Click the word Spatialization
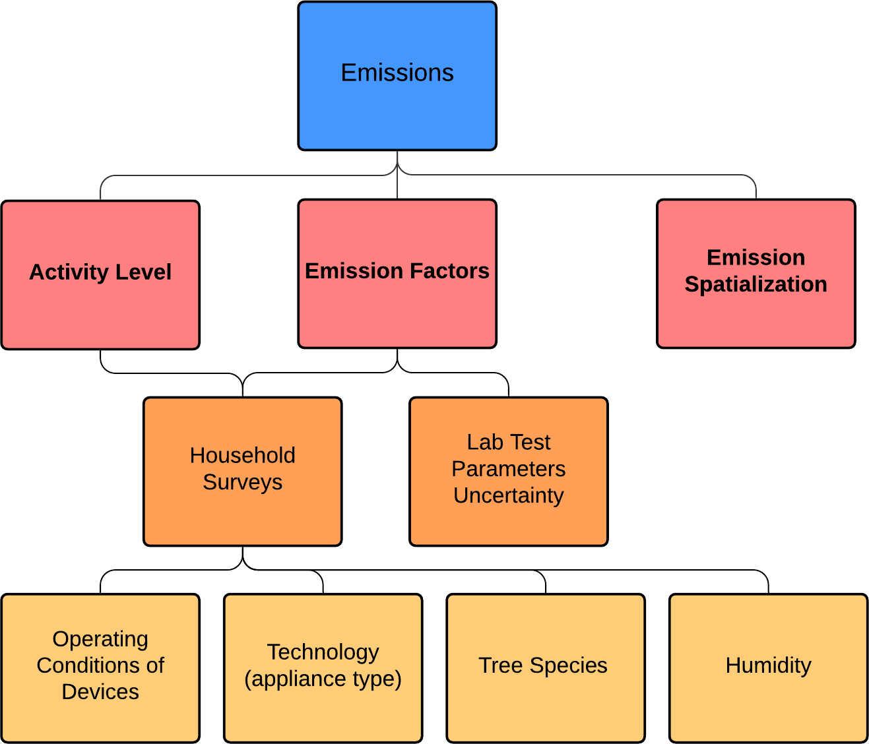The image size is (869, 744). coord(756,284)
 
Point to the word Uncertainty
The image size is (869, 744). coord(508,495)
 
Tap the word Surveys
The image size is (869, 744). coord(242,482)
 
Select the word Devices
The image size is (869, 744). coord(100,692)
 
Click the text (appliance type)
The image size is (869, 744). coord(323,679)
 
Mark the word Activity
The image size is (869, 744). coord(69,272)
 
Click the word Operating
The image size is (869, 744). coord(100,639)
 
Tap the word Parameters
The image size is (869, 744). coord(508,469)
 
